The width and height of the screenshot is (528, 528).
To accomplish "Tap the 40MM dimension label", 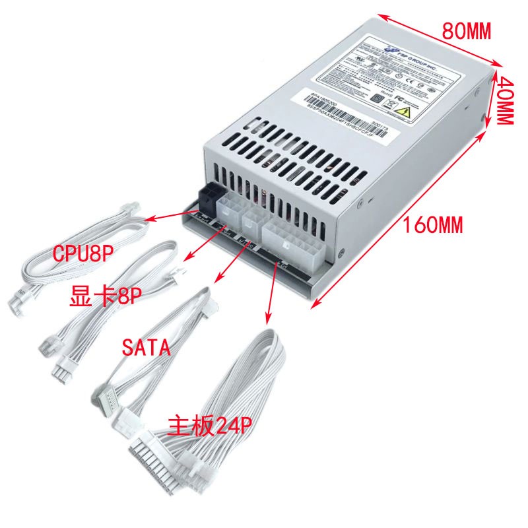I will coord(505,99).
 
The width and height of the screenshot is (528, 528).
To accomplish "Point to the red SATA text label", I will coord(147,348).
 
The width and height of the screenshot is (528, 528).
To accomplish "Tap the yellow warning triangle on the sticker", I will coord(409,106).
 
